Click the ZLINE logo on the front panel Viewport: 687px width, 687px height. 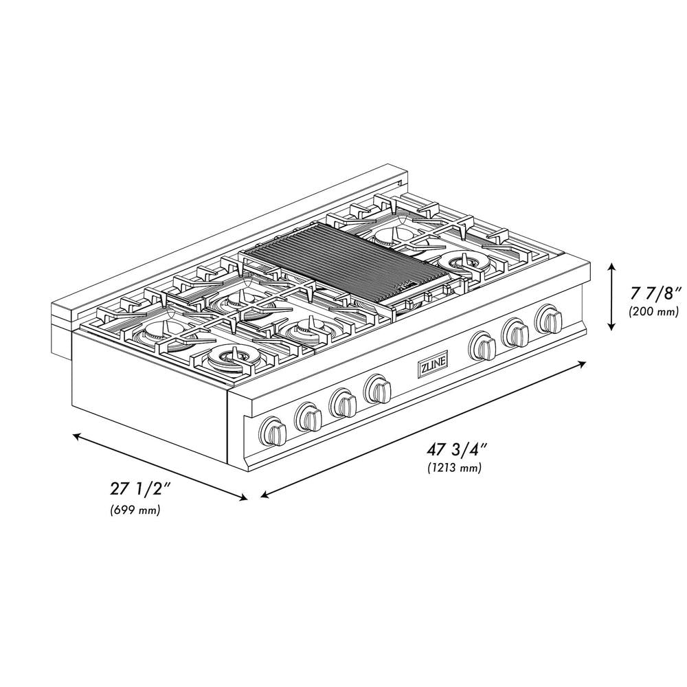tap(433, 368)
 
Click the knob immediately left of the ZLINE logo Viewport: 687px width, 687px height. tap(377, 390)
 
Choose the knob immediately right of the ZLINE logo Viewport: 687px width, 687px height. tap(483, 346)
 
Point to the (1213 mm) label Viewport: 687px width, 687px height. tap(453, 469)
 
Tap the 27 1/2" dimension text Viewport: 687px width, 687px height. tap(138, 491)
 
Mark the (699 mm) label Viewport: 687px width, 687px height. tap(135, 510)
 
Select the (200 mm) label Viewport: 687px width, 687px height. tap(653, 312)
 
